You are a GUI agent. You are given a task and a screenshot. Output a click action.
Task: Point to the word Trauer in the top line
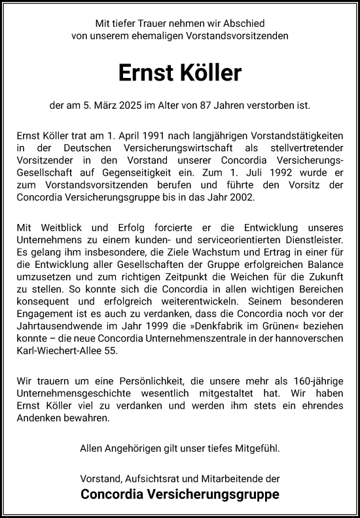pyautogui.click(x=151, y=24)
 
